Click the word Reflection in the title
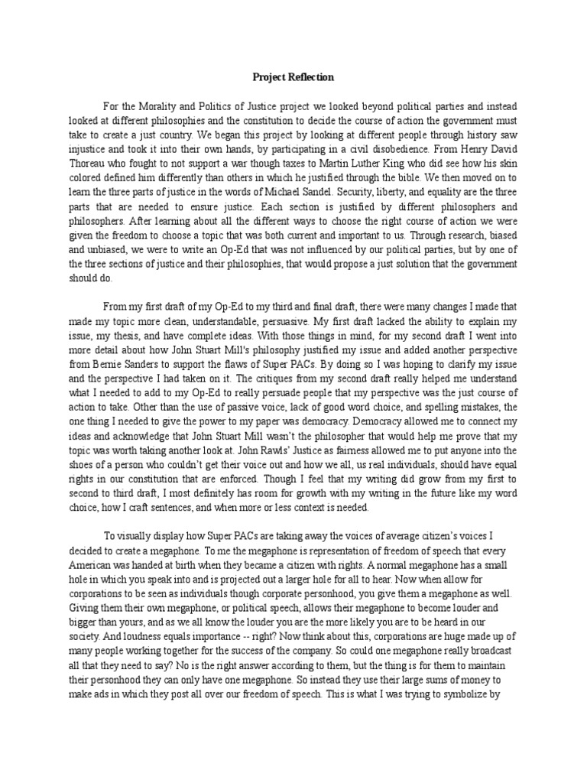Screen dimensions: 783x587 [310, 77]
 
